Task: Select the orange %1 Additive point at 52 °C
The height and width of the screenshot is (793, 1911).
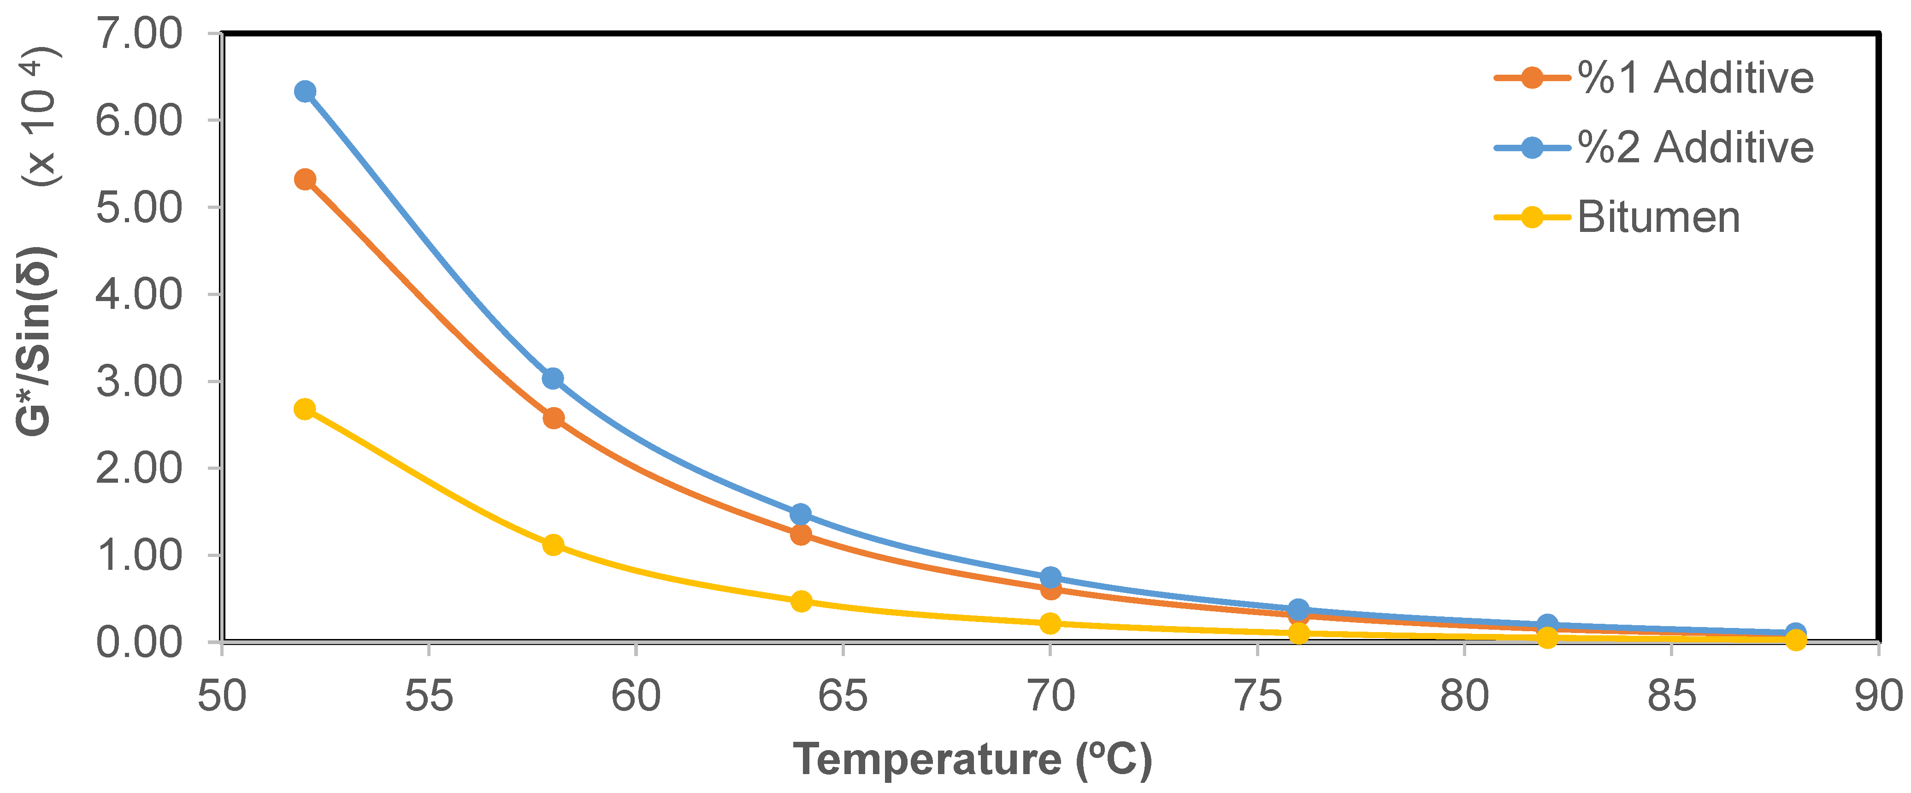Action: (305, 179)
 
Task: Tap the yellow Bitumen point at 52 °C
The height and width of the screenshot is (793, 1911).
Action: (305, 409)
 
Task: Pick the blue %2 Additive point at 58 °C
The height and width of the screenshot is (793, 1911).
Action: (553, 379)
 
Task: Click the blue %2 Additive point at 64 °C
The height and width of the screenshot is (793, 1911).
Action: (801, 514)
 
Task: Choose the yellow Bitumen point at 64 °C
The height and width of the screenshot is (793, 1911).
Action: (801, 601)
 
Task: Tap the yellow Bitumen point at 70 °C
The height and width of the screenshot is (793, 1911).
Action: (1050, 623)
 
